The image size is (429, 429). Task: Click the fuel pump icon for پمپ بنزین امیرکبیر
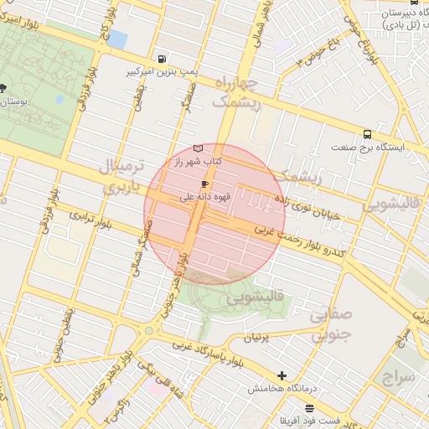(161, 59)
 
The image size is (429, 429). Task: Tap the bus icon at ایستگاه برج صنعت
(367, 134)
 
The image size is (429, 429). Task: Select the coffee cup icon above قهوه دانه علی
(204, 183)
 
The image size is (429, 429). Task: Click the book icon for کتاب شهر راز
(198, 147)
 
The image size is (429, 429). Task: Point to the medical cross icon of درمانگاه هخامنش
(282, 376)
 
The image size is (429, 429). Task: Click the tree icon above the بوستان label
(3, 87)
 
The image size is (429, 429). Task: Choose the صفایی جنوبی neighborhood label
(332, 325)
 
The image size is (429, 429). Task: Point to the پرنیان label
(256, 337)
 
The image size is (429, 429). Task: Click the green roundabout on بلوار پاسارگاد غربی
(149, 330)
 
